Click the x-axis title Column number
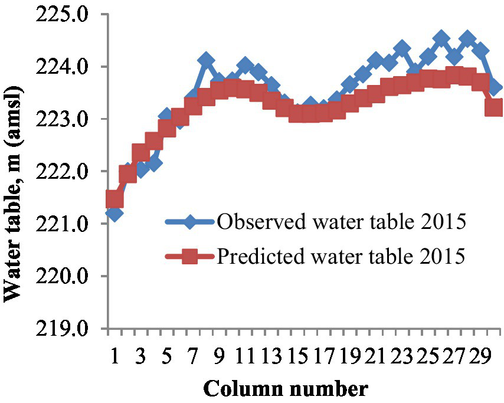286,389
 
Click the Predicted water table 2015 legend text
342,256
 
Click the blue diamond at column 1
114,213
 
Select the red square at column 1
114,199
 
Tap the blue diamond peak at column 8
206,60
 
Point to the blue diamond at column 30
494,87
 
